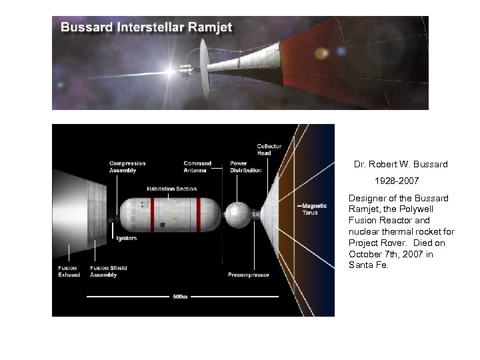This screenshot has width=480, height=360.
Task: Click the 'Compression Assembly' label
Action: click(127, 167)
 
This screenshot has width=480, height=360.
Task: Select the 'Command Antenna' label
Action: click(197, 167)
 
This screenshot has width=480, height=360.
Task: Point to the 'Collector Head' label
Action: click(269, 149)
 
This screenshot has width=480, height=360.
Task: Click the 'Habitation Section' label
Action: click(172, 189)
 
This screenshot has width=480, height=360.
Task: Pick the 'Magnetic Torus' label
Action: click(314, 209)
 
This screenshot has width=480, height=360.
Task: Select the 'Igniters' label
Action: click(127, 238)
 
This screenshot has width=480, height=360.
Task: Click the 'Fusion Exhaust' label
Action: click(69, 271)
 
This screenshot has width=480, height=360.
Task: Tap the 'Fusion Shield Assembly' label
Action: click(109, 271)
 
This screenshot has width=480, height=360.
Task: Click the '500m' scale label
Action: click(180, 296)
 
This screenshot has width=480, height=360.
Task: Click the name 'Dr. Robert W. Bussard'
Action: click(401, 164)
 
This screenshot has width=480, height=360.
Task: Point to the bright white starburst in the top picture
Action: click(171, 71)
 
